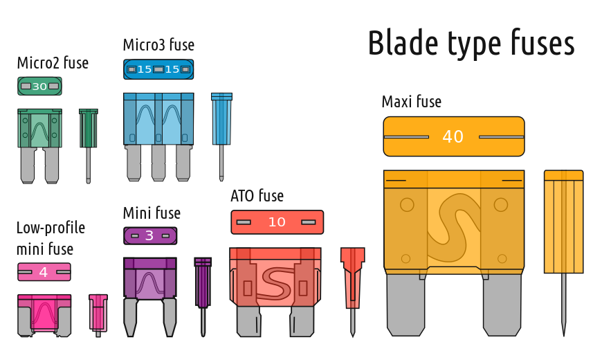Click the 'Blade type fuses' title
click(x=471, y=43)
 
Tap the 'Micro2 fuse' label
click(x=53, y=62)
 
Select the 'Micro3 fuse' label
click(x=158, y=45)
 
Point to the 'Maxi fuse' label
click(x=412, y=102)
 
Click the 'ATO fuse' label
click(x=257, y=196)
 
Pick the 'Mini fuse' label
click(x=152, y=213)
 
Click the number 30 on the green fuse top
click(x=39, y=87)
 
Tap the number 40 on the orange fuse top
click(x=453, y=137)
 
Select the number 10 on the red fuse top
click(x=277, y=222)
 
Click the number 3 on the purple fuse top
click(x=149, y=235)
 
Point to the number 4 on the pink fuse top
click(x=44, y=272)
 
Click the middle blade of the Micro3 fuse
click(x=158, y=163)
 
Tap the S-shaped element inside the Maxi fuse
click(x=454, y=228)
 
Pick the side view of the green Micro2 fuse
click(x=89, y=146)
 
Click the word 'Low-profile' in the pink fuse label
click(x=51, y=228)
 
